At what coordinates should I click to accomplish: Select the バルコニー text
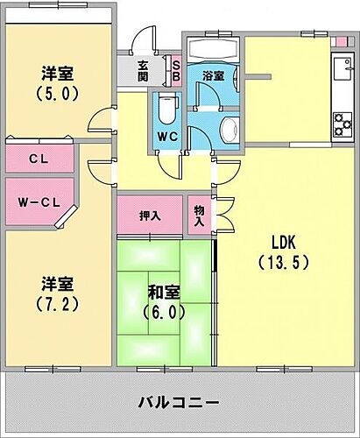click(x=179, y=404)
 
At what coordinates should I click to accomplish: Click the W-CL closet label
click(x=39, y=202)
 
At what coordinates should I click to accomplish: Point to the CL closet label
click(x=38, y=159)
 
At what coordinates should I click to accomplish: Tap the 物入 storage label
click(x=198, y=216)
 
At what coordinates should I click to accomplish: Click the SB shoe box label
click(x=175, y=68)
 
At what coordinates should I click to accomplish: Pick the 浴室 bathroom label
click(x=213, y=75)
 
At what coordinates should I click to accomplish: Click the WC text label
click(x=167, y=137)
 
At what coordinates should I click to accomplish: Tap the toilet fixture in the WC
click(x=166, y=109)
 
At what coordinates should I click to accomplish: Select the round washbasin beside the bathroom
click(x=229, y=129)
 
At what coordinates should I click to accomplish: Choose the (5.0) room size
click(x=58, y=91)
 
